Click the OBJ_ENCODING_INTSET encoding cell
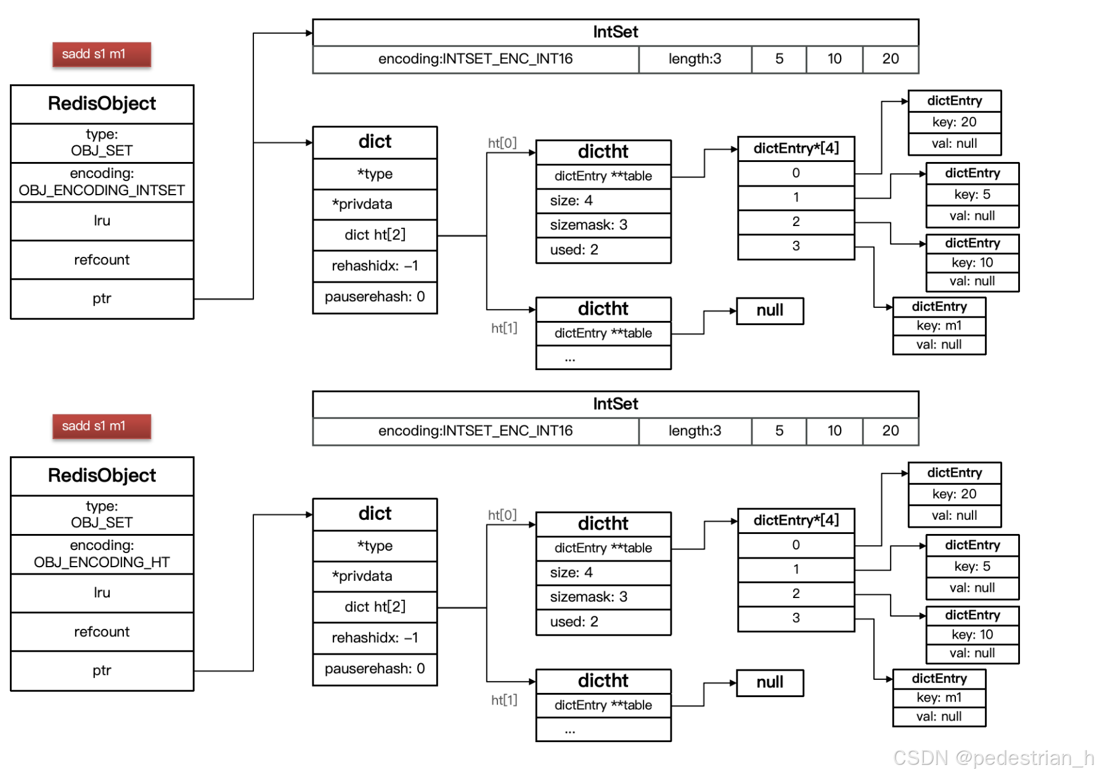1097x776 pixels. click(x=102, y=182)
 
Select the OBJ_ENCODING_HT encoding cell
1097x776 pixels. click(x=102, y=554)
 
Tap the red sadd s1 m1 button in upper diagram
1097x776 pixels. click(x=102, y=54)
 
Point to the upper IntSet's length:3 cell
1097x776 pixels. click(x=695, y=59)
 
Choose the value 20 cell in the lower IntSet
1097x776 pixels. click(x=890, y=431)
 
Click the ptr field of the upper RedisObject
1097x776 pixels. click(x=102, y=299)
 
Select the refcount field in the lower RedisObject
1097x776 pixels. click(x=102, y=632)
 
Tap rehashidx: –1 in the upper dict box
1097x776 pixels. click(x=375, y=266)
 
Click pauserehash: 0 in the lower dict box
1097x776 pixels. click(x=375, y=669)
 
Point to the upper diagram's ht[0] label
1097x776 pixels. click(x=502, y=143)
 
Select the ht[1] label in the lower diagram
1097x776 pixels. click(x=504, y=700)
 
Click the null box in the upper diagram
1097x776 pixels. click(x=770, y=310)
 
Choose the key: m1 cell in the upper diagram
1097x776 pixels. click(x=939, y=326)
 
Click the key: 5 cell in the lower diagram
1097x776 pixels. click(x=972, y=567)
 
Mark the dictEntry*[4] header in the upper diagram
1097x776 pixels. click(x=796, y=148)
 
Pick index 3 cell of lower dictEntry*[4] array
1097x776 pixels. click(x=796, y=618)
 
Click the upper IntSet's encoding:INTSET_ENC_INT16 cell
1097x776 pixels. click(x=475, y=59)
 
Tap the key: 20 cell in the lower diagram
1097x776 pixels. click(x=954, y=494)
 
